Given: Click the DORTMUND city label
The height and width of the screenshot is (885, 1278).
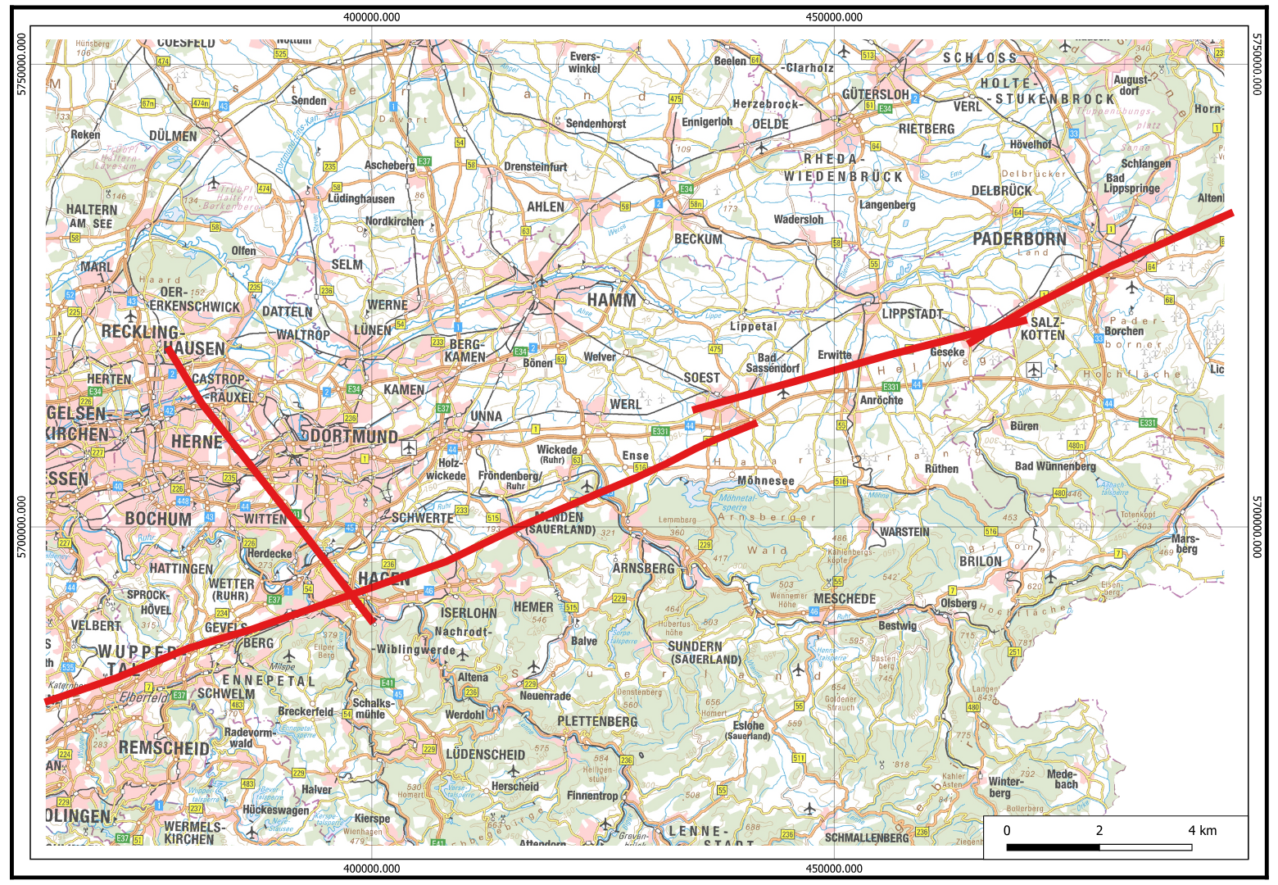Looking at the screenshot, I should (x=354, y=437).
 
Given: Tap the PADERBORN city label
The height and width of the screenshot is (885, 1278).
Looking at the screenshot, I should (x=1019, y=239).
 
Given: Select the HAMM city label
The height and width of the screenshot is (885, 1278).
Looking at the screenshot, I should (x=611, y=300).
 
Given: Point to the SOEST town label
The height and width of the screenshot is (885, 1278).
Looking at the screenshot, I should (x=702, y=378).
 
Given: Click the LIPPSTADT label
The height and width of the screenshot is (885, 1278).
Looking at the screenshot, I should (x=912, y=314).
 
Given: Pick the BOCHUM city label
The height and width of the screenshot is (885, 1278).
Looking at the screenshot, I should (x=158, y=519).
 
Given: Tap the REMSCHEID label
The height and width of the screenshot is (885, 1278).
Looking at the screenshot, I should (x=164, y=748).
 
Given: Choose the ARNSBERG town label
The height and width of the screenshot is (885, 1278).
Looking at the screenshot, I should (x=643, y=568).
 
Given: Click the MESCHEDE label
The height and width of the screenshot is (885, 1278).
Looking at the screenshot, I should (x=845, y=599).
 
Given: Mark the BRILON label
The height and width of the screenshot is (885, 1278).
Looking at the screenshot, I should (x=981, y=561).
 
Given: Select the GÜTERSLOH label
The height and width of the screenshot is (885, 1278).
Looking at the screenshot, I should (x=876, y=94).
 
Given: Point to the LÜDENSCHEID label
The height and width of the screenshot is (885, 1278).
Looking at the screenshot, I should (x=485, y=754).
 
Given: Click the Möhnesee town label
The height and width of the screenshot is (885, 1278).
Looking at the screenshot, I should (x=766, y=481).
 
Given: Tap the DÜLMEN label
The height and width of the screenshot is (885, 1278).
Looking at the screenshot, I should (x=173, y=136).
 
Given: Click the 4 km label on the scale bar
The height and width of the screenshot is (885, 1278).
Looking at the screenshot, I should (x=1202, y=830).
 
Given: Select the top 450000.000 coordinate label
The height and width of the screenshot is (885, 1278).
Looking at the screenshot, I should (x=834, y=17).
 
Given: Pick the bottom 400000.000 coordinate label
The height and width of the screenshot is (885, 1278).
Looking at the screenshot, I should (x=372, y=869).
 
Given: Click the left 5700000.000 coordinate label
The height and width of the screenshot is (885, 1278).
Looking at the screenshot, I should (x=22, y=527).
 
